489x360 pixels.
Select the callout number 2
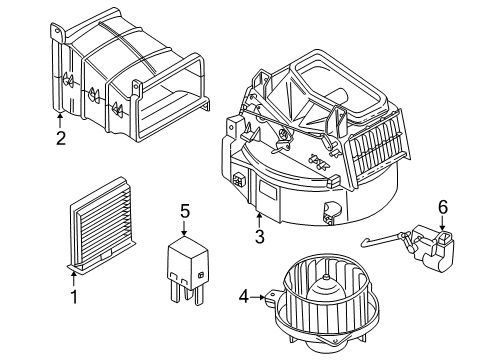(60, 139)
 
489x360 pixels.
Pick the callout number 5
(184, 211)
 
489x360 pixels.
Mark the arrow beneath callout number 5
(184, 228)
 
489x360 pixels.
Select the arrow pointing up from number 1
(73, 278)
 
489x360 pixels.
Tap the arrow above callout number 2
(60, 122)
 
